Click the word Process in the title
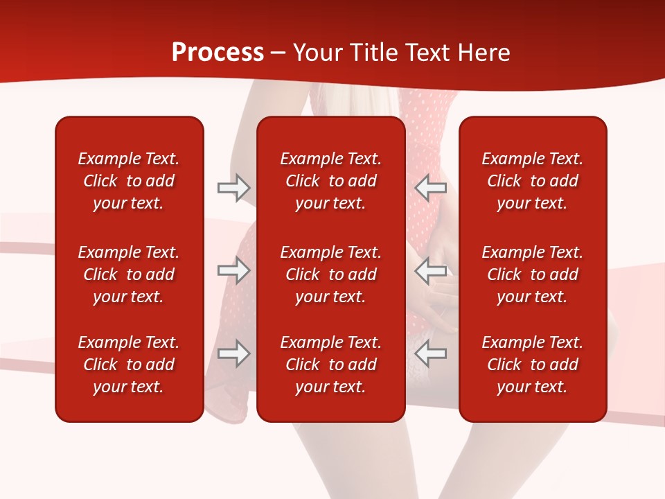(x=218, y=53)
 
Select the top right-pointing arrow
(x=233, y=188)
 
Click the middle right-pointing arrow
(x=233, y=270)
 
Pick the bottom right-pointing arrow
(x=233, y=353)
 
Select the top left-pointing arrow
(x=430, y=188)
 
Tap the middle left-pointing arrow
(x=430, y=270)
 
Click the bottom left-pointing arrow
(x=430, y=353)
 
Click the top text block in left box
(x=129, y=181)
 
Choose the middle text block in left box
(x=129, y=274)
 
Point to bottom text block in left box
(x=129, y=365)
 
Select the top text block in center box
(x=330, y=181)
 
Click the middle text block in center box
(x=330, y=274)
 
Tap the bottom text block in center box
(x=330, y=365)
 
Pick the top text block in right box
(x=532, y=181)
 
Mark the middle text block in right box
(x=532, y=274)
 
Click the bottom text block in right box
(x=532, y=365)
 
